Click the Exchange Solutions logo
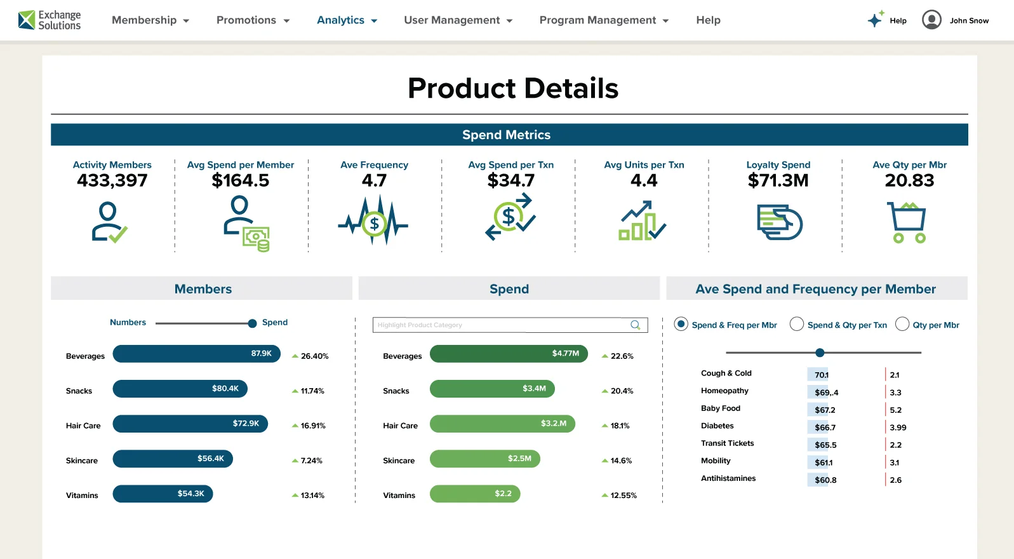click(50, 20)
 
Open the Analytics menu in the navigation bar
click(347, 20)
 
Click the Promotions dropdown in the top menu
click(253, 20)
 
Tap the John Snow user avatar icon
click(931, 20)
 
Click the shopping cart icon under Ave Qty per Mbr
click(907, 222)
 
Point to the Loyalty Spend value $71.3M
click(778, 181)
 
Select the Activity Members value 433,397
click(112, 181)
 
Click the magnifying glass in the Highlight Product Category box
click(635, 325)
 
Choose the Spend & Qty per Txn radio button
click(797, 325)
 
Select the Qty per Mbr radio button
click(902, 325)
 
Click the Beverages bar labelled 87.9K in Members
click(196, 354)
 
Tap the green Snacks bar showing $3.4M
click(492, 389)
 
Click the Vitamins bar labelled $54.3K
click(163, 494)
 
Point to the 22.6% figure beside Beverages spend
click(622, 356)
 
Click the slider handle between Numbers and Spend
click(252, 323)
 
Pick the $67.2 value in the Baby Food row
click(825, 410)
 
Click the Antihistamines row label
click(728, 478)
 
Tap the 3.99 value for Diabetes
click(898, 428)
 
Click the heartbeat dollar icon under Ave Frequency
click(374, 222)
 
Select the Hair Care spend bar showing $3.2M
click(502, 424)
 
